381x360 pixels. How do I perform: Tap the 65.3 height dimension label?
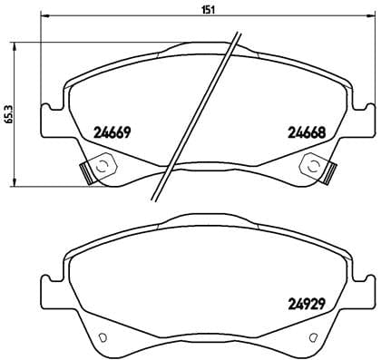pos(8,112)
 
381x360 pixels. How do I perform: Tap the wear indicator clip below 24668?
pos(317,167)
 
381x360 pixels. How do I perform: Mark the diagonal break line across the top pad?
pos(200,113)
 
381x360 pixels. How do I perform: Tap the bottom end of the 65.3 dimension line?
pos(18,185)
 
